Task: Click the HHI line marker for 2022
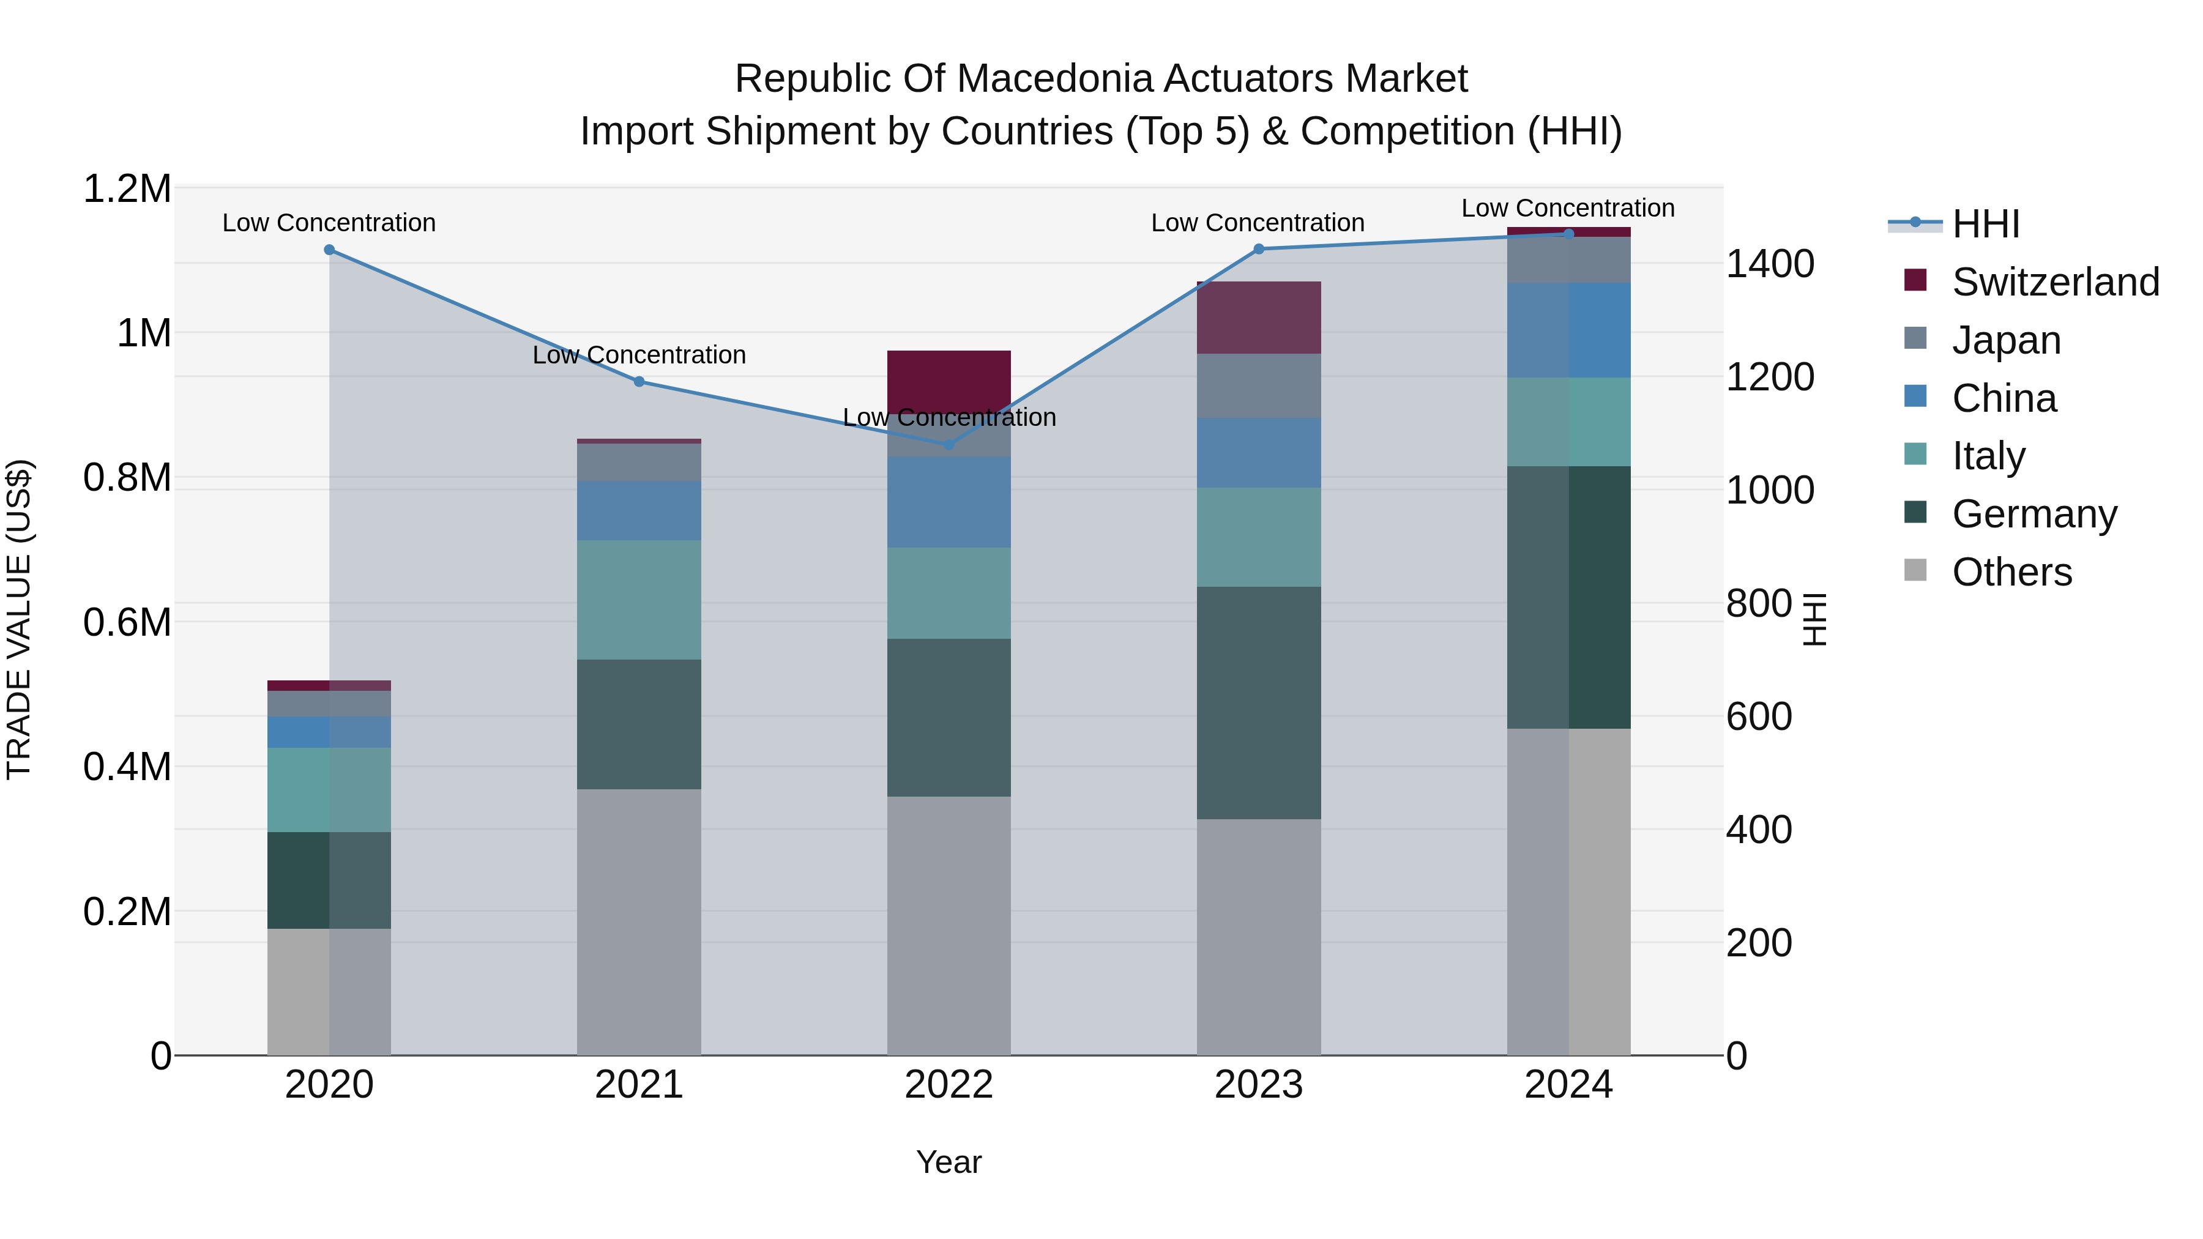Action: [x=949, y=445]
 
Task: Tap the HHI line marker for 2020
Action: [x=329, y=250]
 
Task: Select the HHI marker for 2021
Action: [x=639, y=381]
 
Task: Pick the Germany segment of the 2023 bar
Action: [x=1258, y=703]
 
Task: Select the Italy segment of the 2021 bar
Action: [x=639, y=600]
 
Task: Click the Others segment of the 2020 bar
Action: [x=329, y=992]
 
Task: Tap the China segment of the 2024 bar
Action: [x=1568, y=330]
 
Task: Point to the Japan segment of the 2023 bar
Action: [x=1258, y=385]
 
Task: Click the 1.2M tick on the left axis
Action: [x=127, y=189]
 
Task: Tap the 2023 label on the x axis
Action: [x=1258, y=1085]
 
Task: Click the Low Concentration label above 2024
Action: [x=1568, y=208]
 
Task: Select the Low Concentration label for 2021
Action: [x=639, y=355]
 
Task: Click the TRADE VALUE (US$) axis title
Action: [x=19, y=619]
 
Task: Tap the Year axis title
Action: [x=949, y=1162]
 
